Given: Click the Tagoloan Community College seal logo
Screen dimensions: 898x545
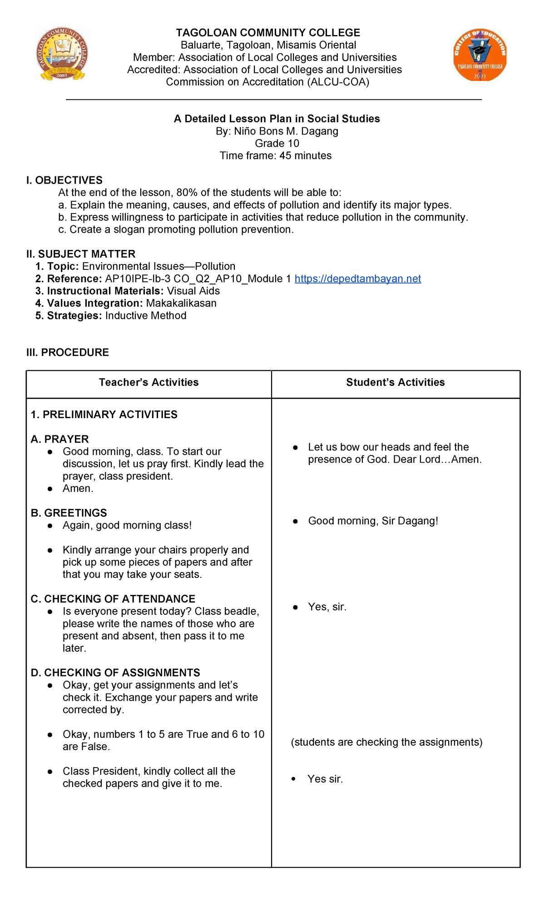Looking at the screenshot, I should coord(62,54).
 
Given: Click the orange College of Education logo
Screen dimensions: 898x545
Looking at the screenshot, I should coord(480,55).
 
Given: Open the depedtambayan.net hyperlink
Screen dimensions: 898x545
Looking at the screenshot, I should coord(357,279).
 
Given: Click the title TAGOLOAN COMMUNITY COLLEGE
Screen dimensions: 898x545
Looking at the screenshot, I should coord(268,33).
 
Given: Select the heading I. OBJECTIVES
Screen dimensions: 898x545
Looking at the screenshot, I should coord(64,180).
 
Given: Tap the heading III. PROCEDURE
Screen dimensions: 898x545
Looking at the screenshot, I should coord(68,352).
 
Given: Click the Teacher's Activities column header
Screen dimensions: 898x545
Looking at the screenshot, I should coord(149,382).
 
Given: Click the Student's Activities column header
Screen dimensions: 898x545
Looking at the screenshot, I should coord(395,382).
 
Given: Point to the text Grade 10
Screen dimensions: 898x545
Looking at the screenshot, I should coord(277,143).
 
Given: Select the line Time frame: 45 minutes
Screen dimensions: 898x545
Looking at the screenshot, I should coord(275,155).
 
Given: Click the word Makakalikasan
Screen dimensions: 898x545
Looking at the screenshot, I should coord(181,303).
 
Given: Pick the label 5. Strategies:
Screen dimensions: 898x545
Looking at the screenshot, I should coord(69,315).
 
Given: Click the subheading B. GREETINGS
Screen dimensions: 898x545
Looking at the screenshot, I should coord(69,513).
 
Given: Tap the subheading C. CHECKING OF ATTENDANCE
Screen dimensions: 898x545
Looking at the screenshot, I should coord(113,599).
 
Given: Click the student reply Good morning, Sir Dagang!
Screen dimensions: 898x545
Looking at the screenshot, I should coord(373,521).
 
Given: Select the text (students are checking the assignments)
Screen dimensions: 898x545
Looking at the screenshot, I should coord(386,742).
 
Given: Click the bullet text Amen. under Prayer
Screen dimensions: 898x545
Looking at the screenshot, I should coord(78,489).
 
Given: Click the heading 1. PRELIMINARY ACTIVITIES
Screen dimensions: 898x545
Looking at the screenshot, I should coord(104,414).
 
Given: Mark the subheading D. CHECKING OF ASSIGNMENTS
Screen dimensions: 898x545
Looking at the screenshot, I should coord(115,673).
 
